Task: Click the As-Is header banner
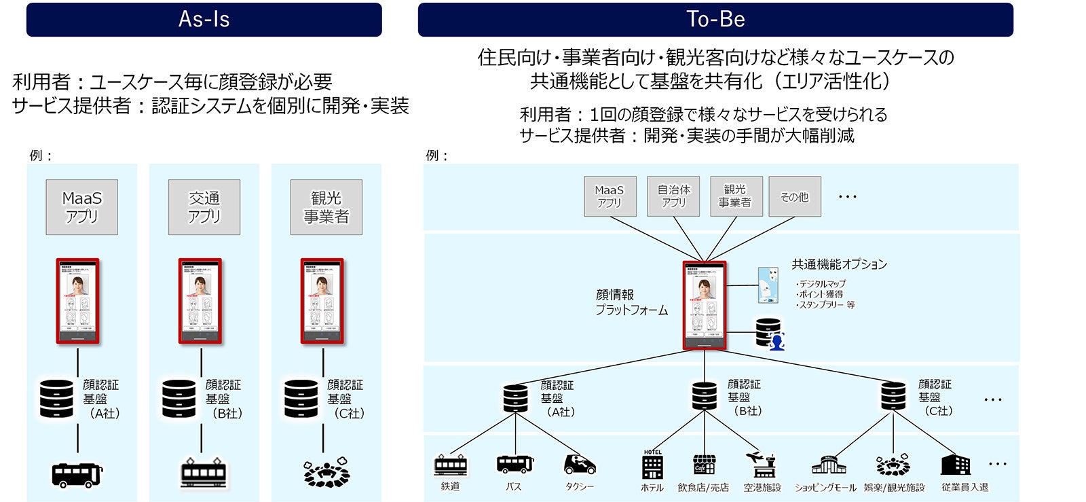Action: point(204,19)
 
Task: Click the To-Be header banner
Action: point(715,19)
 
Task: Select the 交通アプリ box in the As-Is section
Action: point(204,207)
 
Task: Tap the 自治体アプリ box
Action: point(673,196)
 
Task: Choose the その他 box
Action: point(794,196)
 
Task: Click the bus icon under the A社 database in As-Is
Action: point(77,474)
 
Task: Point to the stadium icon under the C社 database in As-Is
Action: point(326,473)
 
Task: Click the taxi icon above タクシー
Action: point(580,465)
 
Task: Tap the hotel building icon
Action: point(652,465)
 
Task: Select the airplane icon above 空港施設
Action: point(762,465)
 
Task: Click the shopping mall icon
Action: point(829,465)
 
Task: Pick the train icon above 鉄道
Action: point(451,465)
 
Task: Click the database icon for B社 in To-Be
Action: point(704,396)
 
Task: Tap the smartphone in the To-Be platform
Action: point(705,305)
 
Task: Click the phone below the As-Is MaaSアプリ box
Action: point(77,301)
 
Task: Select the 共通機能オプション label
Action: point(839,264)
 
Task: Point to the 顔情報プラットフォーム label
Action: point(631,302)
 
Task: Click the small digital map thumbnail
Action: point(768,285)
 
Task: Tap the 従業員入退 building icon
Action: point(955,465)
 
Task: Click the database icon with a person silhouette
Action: point(770,334)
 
